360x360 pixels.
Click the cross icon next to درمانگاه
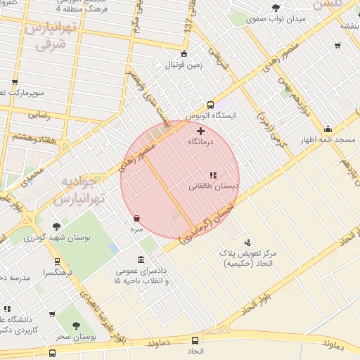[x=200, y=131]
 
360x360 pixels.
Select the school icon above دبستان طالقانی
[x=213, y=174]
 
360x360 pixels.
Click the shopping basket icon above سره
[x=136, y=218]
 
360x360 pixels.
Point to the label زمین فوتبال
[x=184, y=65]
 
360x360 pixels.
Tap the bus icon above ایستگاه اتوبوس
[x=211, y=105]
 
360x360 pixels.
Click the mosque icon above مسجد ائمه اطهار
[x=328, y=129]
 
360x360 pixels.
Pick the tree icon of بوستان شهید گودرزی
[x=56, y=226]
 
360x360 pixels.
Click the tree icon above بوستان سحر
[x=77, y=326]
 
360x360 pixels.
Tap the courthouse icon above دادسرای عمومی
[x=142, y=259]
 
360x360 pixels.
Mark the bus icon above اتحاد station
[x=193, y=338]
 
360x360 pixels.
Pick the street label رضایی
[x=38, y=114]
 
